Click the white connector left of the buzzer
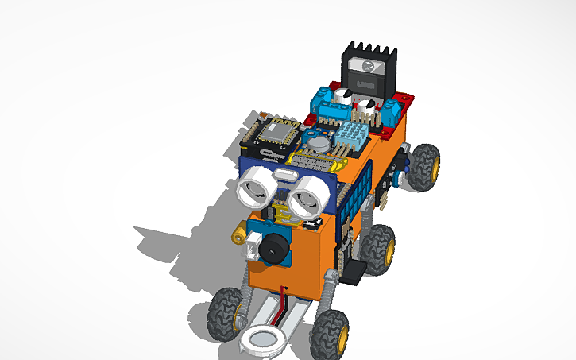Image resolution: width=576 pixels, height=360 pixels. click(252, 250)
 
